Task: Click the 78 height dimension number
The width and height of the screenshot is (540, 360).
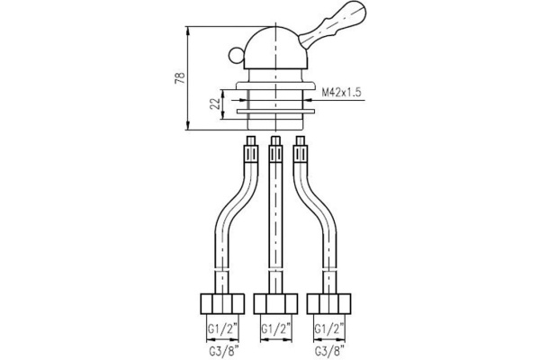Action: pos(179,78)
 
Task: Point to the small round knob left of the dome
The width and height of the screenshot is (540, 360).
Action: pos(237,57)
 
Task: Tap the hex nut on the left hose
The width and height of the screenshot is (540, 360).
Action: pos(220,302)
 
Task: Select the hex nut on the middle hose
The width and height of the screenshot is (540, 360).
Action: pos(275,302)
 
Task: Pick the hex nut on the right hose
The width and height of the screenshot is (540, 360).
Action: pos(330,302)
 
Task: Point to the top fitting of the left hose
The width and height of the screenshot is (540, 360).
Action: pos(250,146)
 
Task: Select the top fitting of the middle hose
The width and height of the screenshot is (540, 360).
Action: pos(275,146)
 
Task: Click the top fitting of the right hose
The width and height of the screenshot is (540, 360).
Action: pos(301,146)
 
